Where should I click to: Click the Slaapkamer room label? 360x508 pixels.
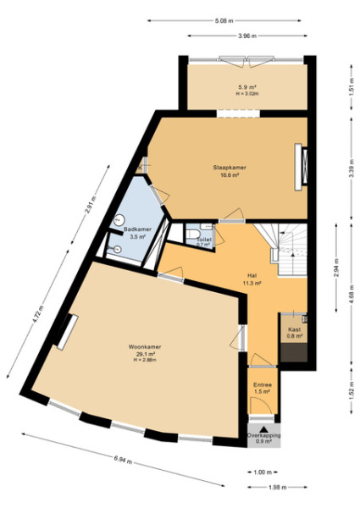tap(229, 168)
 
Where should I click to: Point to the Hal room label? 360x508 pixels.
tap(252, 275)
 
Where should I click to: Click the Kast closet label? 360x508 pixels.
tap(294, 329)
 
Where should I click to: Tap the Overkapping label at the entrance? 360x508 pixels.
tap(263, 435)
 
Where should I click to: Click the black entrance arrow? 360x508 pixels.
tap(263, 428)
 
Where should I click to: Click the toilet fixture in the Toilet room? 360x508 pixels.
tap(196, 232)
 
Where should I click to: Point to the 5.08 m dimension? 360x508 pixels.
tap(224, 20)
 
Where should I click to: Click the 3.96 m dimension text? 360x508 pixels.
tap(246, 36)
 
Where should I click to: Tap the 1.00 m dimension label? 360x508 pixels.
tap(261, 472)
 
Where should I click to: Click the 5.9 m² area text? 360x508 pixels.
tap(246, 87)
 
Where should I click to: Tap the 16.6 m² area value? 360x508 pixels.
tap(229, 175)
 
